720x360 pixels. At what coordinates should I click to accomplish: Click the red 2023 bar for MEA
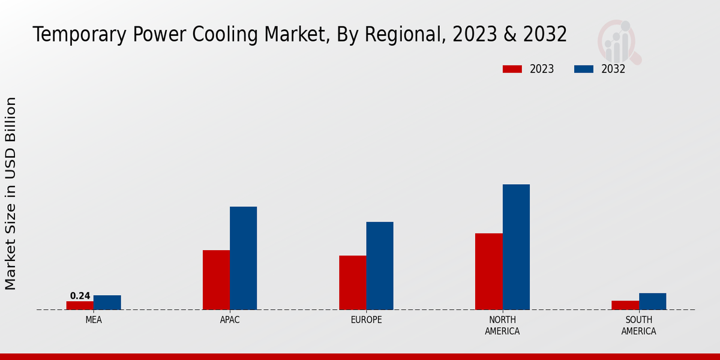pos(80,305)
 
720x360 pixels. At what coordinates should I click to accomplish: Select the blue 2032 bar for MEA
pos(107,302)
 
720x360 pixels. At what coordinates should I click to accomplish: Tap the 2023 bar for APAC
pos(216,280)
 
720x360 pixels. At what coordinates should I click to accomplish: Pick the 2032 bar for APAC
pos(244,258)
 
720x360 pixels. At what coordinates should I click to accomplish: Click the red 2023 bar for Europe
pos(353,283)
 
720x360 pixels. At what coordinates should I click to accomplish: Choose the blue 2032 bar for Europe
pos(380,266)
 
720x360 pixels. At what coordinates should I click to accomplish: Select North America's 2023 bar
pos(489,271)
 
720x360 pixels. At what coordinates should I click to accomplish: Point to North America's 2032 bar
pos(516,247)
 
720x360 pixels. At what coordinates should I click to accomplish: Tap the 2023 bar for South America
pos(625,305)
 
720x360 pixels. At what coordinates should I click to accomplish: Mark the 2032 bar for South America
pos(653,301)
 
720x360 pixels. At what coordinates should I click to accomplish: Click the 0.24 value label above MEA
pos(80,296)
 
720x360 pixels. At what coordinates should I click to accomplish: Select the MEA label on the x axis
pos(94,320)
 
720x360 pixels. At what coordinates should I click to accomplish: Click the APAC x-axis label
pos(230,320)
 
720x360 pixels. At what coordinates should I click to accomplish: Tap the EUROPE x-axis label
pos(366,320)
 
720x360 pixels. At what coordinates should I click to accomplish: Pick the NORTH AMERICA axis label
pos(503,325)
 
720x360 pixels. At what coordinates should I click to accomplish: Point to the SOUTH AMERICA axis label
pos(638,325)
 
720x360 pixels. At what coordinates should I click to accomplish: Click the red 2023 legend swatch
pos(512,69)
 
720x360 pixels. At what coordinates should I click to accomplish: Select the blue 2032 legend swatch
pos(584,69)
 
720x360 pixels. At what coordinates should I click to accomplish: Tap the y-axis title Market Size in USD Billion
pos(11,193)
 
